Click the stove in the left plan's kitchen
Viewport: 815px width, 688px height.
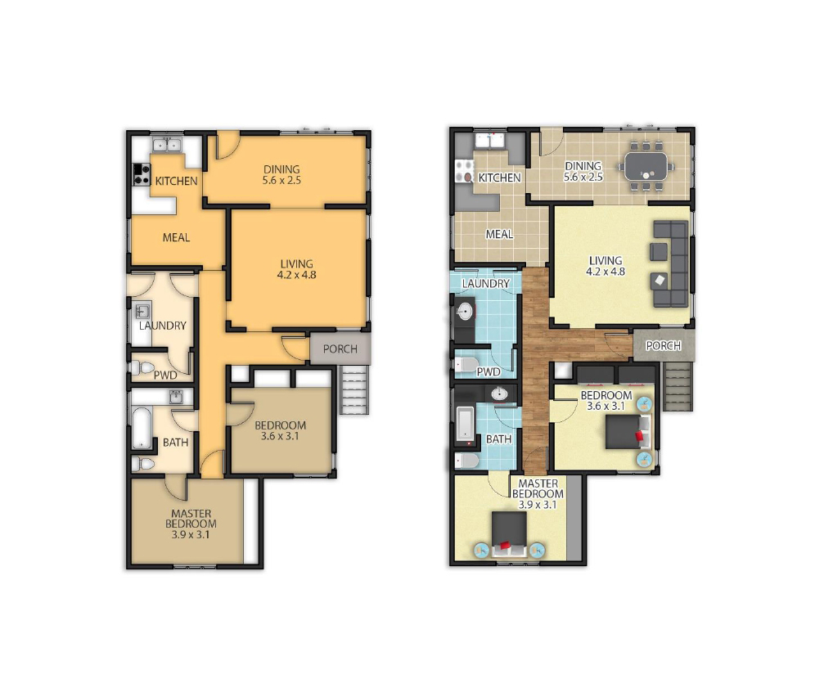142,174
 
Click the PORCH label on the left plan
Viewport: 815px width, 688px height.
340,348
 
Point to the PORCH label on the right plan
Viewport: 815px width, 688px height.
664,345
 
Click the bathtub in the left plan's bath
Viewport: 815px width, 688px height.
142,428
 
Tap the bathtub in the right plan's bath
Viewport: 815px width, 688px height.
466,424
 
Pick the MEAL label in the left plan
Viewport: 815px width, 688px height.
176,237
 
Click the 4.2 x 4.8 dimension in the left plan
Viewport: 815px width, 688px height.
297,275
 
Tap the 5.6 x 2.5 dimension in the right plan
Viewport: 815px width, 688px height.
583,177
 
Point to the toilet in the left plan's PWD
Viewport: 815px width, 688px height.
142,367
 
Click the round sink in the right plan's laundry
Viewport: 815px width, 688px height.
465,313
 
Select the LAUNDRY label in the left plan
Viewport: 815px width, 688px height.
162,326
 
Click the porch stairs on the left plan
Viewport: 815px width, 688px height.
354,389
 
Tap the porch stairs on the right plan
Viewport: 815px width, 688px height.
678,387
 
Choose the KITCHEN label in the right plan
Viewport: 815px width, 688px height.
499,178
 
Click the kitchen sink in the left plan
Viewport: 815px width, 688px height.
166,145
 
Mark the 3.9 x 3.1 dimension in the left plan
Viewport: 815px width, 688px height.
191,534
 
